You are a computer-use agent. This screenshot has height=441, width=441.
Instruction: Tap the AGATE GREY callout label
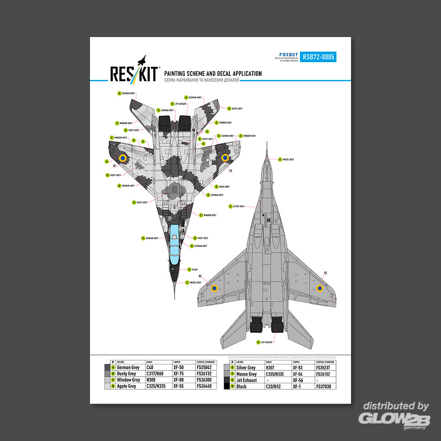click(x=224, y=187)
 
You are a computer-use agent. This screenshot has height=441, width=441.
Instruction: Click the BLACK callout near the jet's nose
click(x=194, y=269)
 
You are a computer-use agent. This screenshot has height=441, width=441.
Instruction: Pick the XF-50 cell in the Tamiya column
click(x=179, y=367)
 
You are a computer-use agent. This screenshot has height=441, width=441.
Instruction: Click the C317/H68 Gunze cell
click(x=155, y=374)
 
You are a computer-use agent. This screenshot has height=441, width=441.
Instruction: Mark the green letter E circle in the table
click(x=232, y=367)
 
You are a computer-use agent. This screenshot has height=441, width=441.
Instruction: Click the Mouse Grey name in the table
click(x=247, y=374)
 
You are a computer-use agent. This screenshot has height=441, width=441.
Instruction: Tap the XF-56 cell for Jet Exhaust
click(x=298, y=380)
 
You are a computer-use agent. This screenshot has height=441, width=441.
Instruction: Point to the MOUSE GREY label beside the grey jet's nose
click(x=288, y=159)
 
